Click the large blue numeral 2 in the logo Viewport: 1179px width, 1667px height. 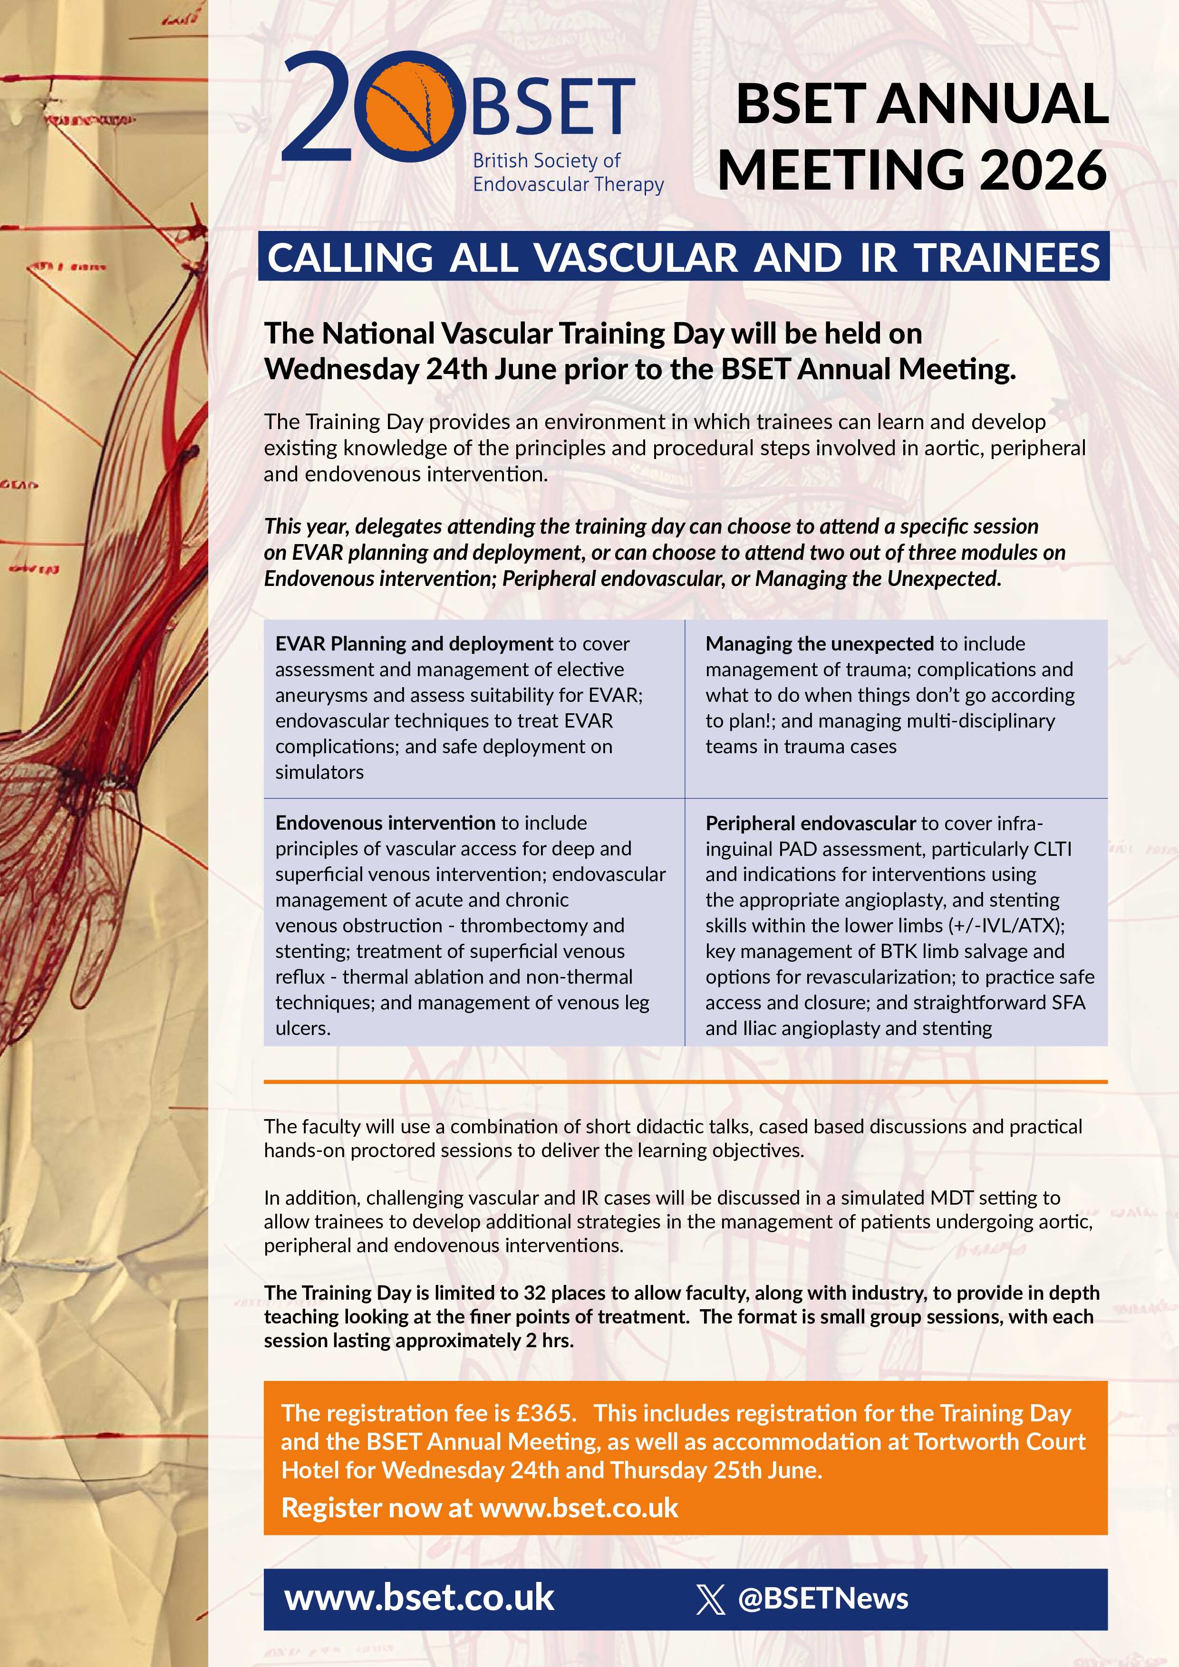(x=319, y=109)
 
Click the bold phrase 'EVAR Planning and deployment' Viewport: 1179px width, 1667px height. (x=414, y=644)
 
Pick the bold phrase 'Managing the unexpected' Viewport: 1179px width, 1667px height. (x=820, y=644)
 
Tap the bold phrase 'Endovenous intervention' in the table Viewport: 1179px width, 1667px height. (x=385, y=823)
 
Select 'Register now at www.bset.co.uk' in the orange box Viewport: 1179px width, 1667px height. (x=480, y=1508)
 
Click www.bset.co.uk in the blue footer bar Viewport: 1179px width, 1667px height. (x=419, y=1598)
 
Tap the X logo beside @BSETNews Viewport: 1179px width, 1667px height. (x=710, y=1600)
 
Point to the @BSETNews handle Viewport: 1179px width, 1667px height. (x=822, y=1599)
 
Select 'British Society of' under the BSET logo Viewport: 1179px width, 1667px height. (x=546, y=161)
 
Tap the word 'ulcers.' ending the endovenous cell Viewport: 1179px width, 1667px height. (x=303, y=1028)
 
